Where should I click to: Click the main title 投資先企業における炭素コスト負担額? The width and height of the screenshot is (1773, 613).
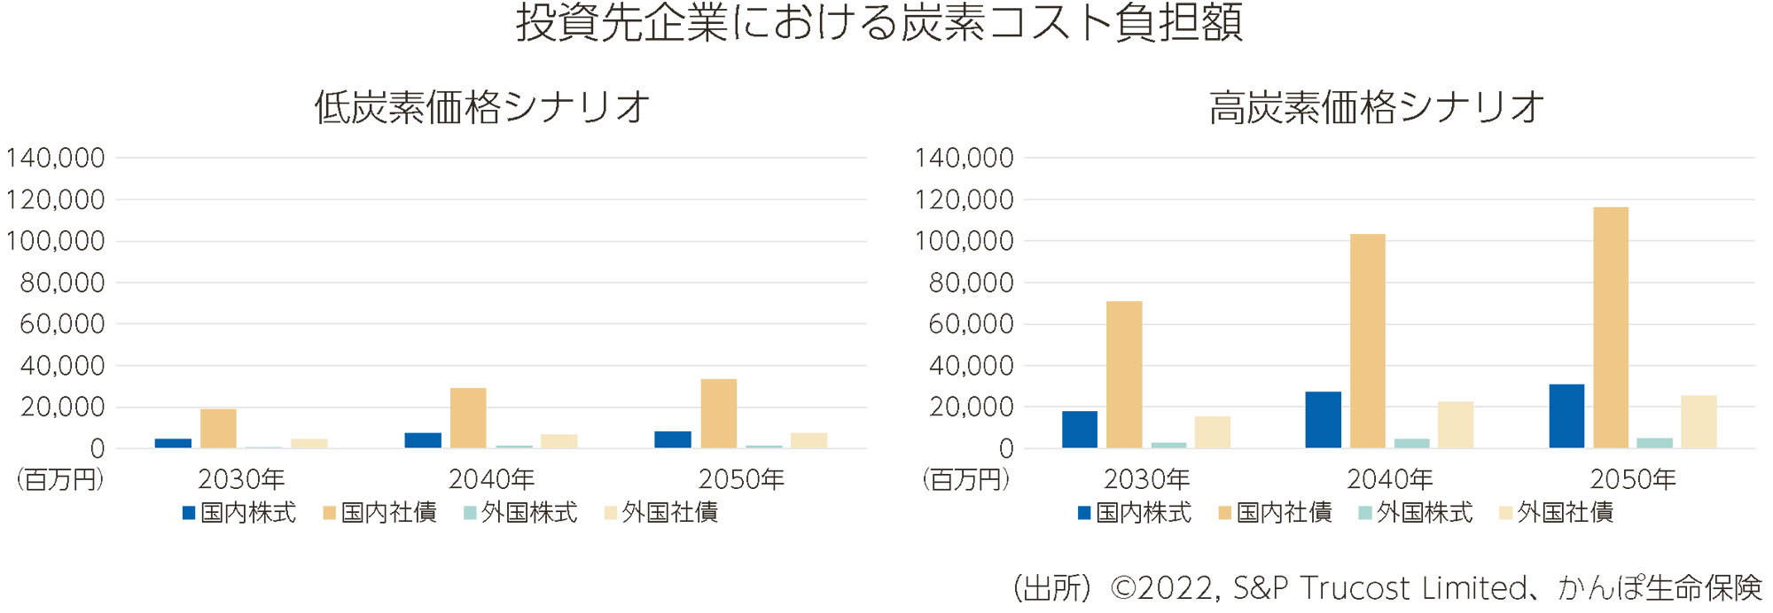coord(879,24)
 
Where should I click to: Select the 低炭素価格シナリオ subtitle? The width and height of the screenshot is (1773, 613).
coord(482,108)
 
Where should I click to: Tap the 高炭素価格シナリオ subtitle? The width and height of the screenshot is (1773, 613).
coord(1377,108)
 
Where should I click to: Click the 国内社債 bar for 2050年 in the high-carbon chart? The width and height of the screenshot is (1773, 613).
coord(1610,328)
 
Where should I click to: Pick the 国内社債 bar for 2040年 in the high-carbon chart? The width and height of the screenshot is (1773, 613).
coord(1367,341)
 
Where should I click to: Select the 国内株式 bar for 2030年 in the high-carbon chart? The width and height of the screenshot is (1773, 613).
coord(1079,430)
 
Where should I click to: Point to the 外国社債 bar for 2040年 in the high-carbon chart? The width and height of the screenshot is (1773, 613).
coord(1456,425)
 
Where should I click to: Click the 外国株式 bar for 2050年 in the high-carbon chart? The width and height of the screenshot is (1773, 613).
coord(1654,443)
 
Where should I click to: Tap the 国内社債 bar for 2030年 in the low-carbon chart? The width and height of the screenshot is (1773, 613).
coord(218,429)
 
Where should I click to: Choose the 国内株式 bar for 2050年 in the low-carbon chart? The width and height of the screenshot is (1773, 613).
coord(673,439)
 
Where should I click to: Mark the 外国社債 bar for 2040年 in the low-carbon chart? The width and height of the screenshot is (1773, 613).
coord(558,441)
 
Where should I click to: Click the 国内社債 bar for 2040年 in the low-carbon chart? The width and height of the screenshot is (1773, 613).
coord(468,418)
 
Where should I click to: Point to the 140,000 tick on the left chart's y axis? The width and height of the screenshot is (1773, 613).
coord(56,159)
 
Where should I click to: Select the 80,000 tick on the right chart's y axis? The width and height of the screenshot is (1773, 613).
coord(971,283)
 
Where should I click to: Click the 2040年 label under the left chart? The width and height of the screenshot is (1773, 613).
coord(491,479)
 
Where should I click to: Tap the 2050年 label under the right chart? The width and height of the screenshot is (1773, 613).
coord(1633,479)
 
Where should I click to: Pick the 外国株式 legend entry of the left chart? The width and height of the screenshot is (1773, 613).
coord(520,513)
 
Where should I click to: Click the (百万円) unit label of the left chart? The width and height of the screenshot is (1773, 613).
coord(59,479)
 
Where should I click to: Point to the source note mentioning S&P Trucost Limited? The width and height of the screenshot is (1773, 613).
coord(1386,588)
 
